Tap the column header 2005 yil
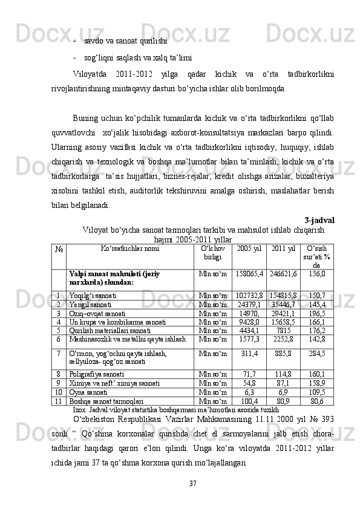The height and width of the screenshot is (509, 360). [x=249, y=248]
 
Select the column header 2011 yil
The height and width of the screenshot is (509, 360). [x=283, y=248]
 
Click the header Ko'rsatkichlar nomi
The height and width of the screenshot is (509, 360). [x=130, y=248]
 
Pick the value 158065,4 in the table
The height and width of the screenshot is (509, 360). [x=249, y=274]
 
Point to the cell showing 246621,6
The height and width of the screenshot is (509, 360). [x=283, y=274]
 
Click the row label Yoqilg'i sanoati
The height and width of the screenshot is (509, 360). [x=93, y=294]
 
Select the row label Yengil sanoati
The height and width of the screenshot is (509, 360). [x=92, y=304]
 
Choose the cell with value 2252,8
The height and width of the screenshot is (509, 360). [x=283, y=340]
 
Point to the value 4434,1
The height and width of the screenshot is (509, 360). [x=249, y=331]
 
